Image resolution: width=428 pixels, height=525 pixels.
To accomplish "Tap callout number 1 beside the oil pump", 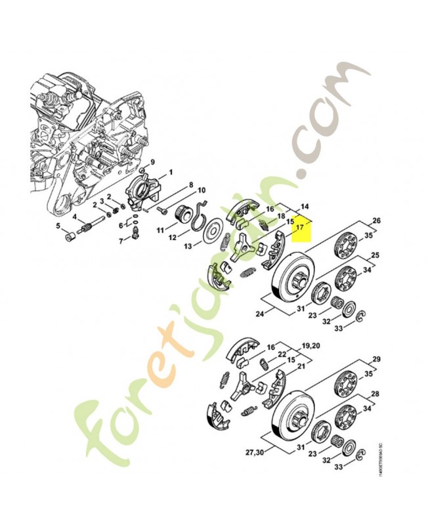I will point(171,172).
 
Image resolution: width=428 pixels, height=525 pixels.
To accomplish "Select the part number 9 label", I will point(152,162).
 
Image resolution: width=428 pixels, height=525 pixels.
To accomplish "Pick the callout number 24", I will point(260,314).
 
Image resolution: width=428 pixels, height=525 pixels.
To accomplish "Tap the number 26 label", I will point(376,220).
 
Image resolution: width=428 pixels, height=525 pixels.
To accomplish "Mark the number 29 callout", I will point(377,359).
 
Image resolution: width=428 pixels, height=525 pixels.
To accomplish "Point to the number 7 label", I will point(120,241).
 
